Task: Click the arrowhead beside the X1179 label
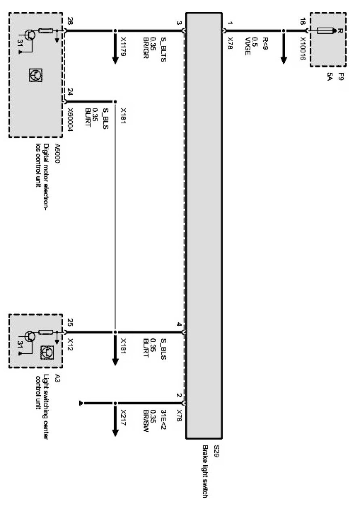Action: tap(116, 59)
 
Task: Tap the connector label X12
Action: tap(70, 342)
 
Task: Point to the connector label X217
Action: tap(124, 417)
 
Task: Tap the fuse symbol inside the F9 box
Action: tap(325, 31)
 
